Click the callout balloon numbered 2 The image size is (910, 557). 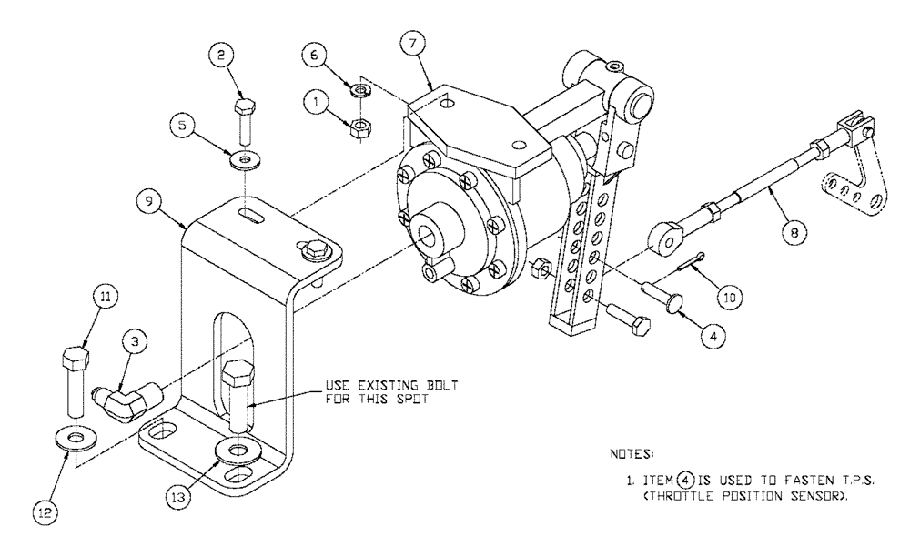220,56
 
